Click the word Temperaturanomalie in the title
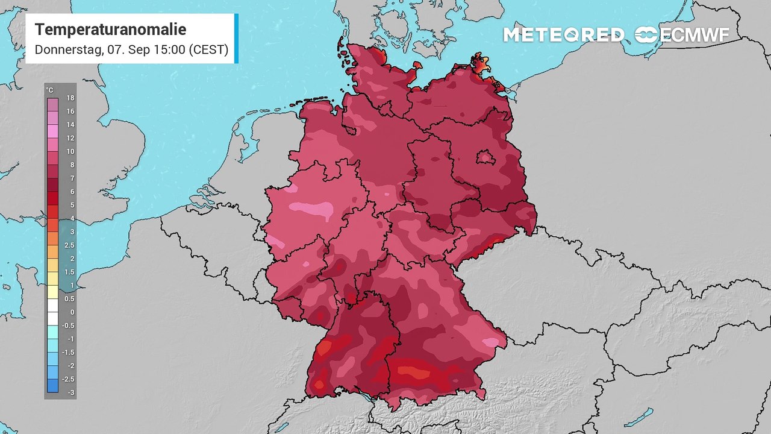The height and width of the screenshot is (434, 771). coord(110,30)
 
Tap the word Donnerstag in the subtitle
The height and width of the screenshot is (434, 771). coord(68,49)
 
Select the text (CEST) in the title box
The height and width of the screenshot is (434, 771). coord(208,49)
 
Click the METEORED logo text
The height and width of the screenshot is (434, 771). coord(563,35)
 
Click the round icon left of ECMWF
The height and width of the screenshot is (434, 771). coord(647,35)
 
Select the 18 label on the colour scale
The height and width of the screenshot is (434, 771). coord(70,98)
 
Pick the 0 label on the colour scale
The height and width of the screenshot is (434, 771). coord(71,312)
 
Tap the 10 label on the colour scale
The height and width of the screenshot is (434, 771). coord(70,151)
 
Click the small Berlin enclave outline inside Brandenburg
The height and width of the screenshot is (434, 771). coord(485,158)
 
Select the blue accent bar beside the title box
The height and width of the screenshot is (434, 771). coord(236,39)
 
